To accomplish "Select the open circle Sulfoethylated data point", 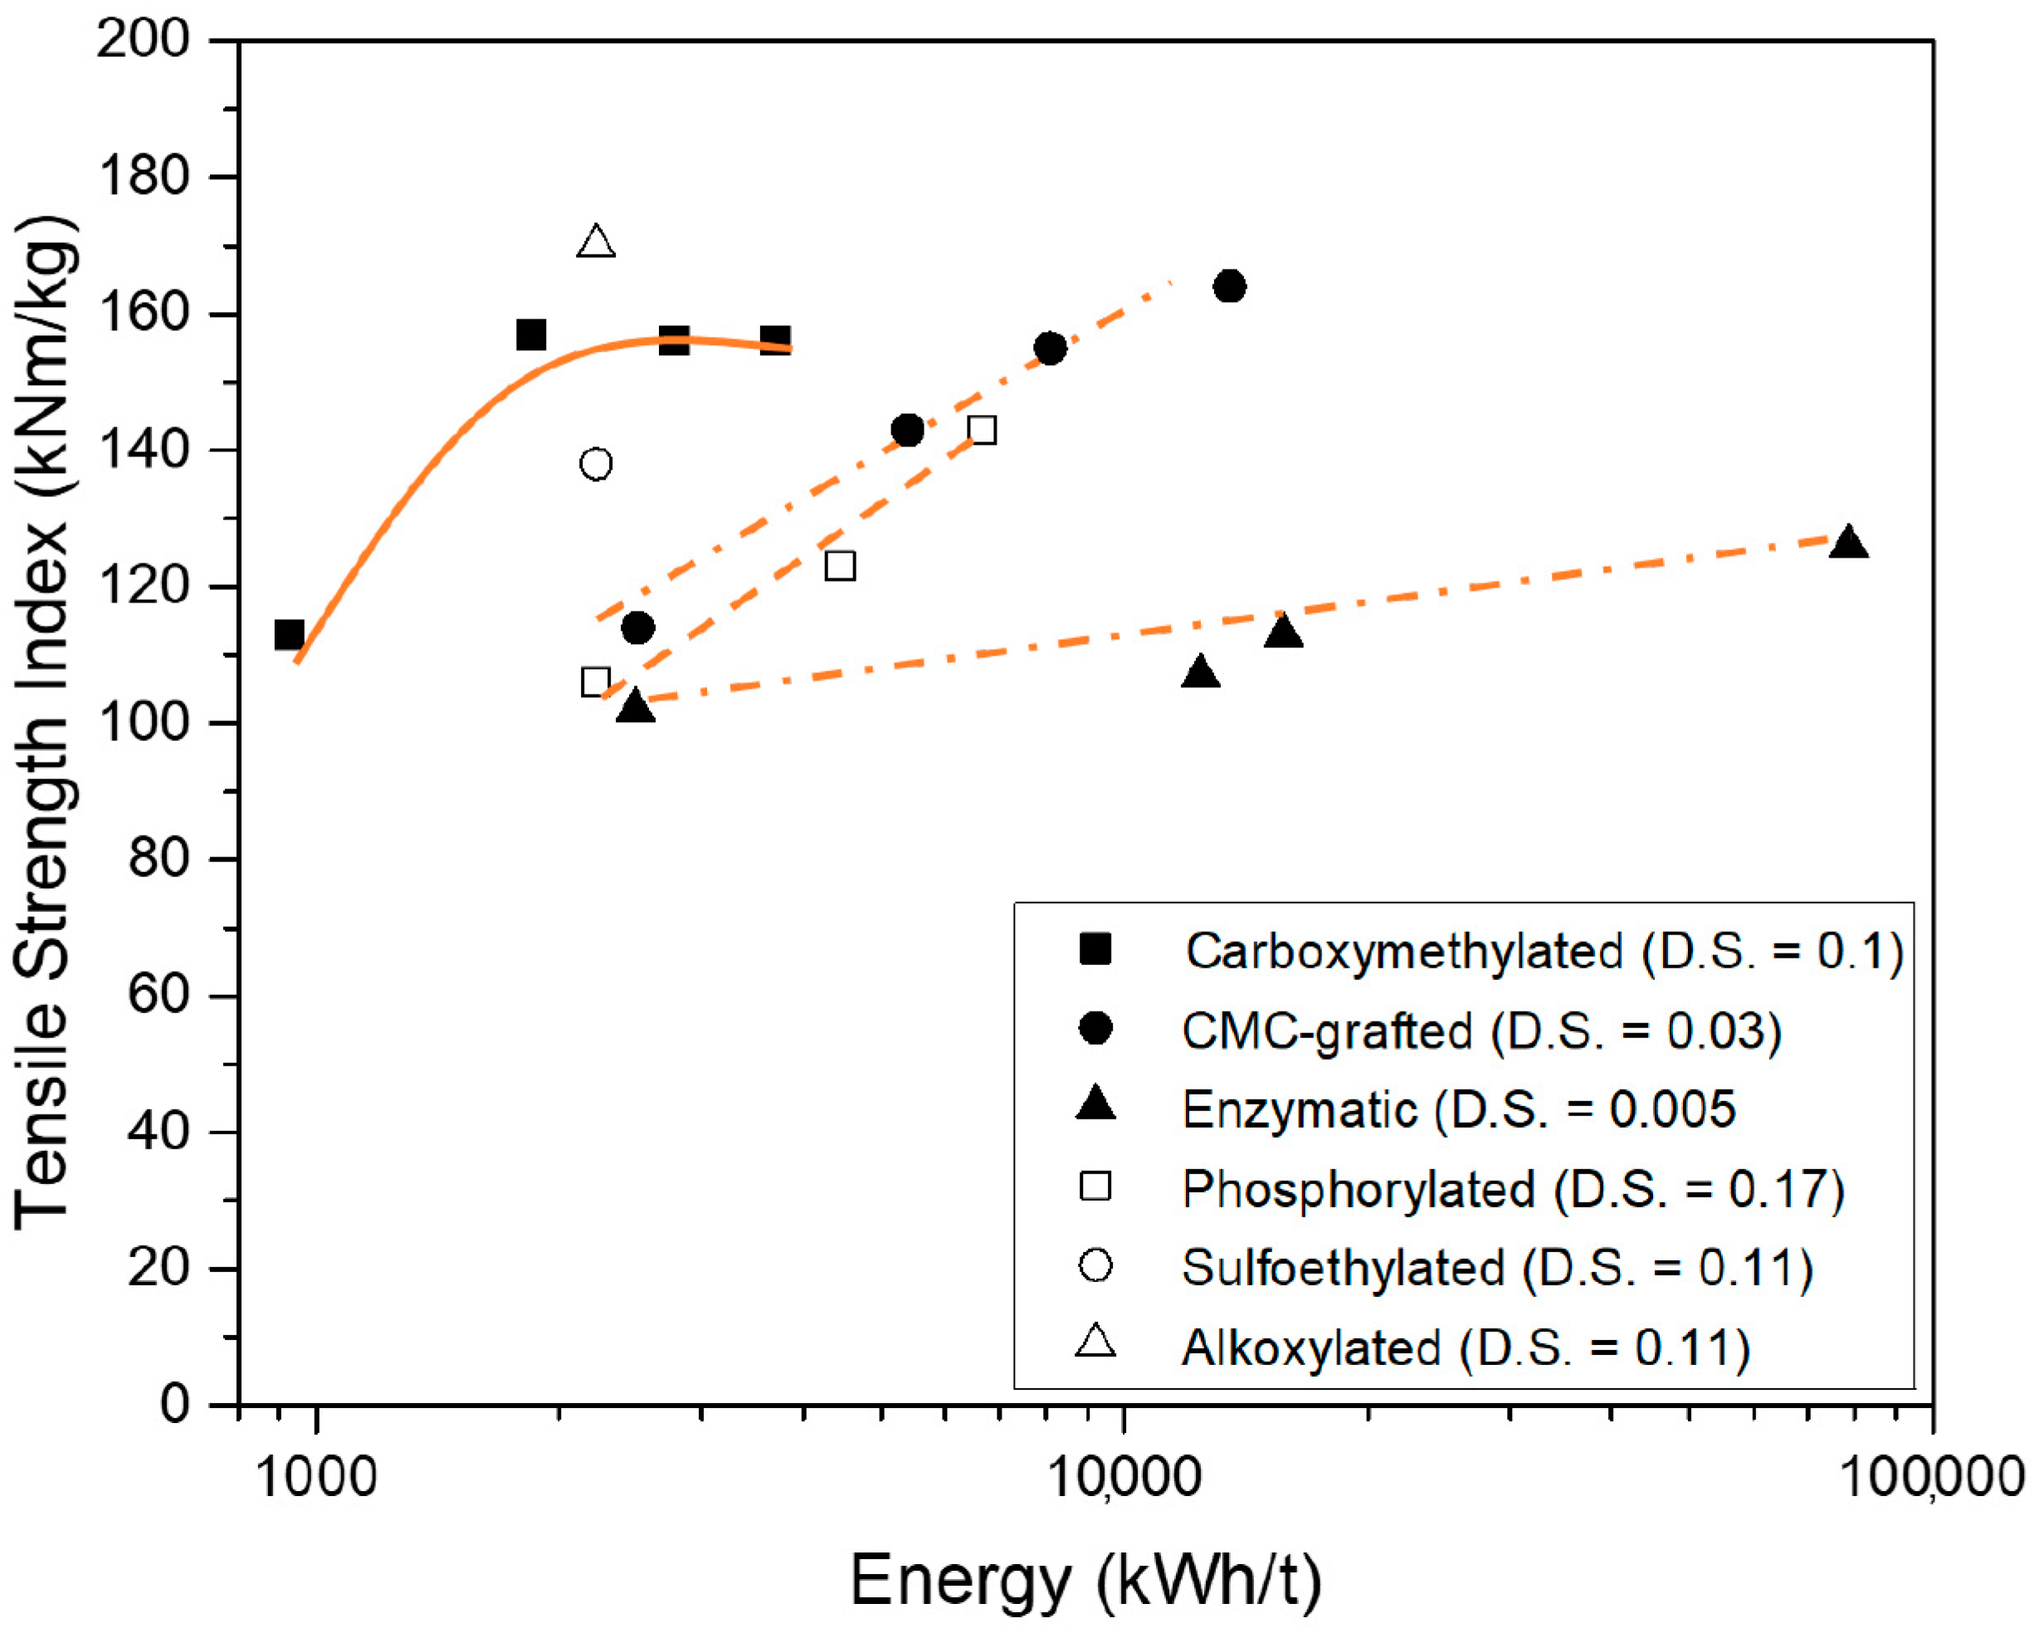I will [x=596, y=463].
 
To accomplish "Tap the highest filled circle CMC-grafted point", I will [x=1228, y=285].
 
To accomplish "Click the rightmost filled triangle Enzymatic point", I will [x=1848, y=544].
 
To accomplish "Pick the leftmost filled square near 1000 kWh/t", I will [x=289, y=635].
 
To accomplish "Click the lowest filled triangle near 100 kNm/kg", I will [x=635, y=707].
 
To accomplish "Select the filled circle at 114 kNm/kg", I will [x=637, y=627].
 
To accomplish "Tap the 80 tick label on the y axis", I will [x=157, y=859].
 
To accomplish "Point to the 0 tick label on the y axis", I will [x=174, y=1403].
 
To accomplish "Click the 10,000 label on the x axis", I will [x=1124, y=1477].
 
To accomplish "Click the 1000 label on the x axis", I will [x=317, y=1477].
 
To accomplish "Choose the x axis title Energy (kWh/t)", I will [x=1085, y=1580].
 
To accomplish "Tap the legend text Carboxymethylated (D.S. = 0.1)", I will [x=1544, y=951].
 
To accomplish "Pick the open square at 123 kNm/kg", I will [x=840, y=565].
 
